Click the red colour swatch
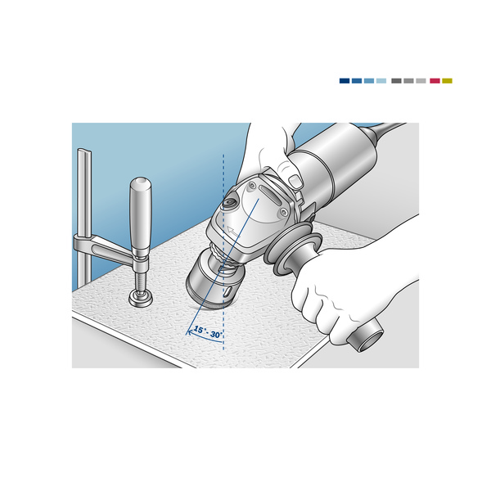tap(435, 81)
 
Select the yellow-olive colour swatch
tap(447, 81)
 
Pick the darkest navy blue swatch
tap(345, 81)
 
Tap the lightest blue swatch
tap(381, 81)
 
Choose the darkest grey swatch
tap(396, 81)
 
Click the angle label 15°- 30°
tap(208, 332)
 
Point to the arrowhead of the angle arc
tap(188, 333)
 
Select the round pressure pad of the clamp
tap(141, 298)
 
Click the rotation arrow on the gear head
tap(232, 232)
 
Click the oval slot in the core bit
tap(227, 292)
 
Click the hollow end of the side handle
tap(370, 339)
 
